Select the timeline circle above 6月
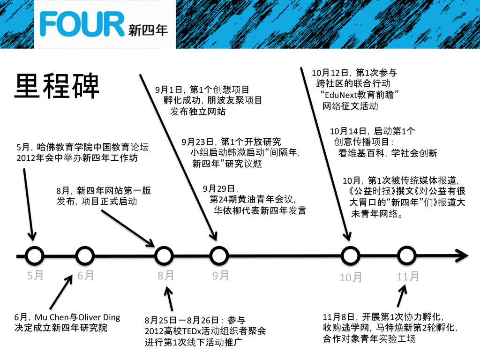click(85, 256)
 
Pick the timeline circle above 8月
click(164, 256)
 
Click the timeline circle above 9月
click(218, 256)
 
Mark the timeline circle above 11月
click(406, 256)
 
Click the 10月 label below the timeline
click(351, 277)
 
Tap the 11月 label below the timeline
click(407, 277)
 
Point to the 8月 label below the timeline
click(165, 276)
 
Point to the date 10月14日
click(347, 131)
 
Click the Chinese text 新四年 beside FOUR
click(148, 30)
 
